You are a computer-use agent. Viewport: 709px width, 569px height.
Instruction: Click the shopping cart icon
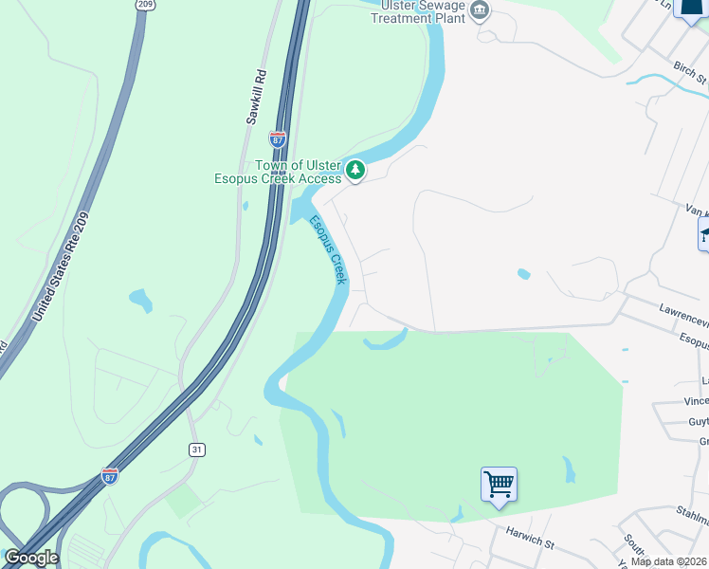pyautogui.click(x=499, y=485)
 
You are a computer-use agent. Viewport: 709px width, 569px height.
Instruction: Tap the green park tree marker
pyautogui.click(x=354, y=170)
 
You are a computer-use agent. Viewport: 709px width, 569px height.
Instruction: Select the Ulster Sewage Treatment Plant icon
pyautogui.click(x=481, y=10)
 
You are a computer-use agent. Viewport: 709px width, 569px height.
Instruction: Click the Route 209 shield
pyautogui.click(x=144, y=5)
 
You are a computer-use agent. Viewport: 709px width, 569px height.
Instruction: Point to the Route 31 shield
pyautogui.click(x=196, y=450)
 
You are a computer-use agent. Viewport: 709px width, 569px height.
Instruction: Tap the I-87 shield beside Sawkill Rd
pyautogui.click(x=278, y=138)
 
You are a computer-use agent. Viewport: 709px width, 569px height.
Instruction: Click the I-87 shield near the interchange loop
pyautogui.click(x=111, y=473)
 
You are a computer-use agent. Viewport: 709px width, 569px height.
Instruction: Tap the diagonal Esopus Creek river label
pyautogui.click(x=329, y=249)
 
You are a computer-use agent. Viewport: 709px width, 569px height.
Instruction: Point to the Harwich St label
pyautogui.click(x=529, y=541)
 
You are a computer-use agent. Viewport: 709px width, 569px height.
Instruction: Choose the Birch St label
pyautogui.click(x=691, y=75)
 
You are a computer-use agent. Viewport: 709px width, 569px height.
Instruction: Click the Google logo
pyautogui.click(x=31, y=558)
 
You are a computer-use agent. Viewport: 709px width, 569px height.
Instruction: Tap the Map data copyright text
pyautogui.click(x=669, y=560)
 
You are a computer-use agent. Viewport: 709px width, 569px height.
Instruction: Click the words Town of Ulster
pyautogui.click(x=300, y=165)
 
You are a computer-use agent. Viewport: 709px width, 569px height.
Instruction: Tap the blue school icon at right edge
pyautogui.click(x=703, y=234)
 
